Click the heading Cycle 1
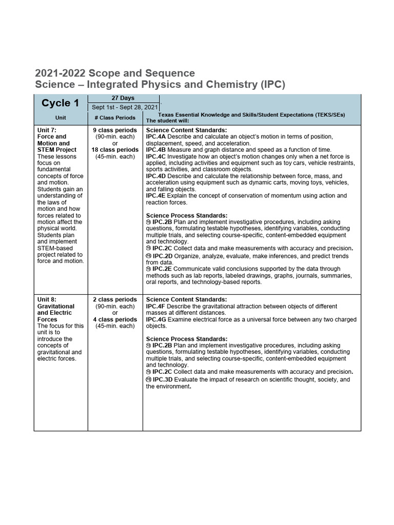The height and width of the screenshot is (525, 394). (x=60, y=103)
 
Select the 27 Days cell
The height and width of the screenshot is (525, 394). (x=123, y=97)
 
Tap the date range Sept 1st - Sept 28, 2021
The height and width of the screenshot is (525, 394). (x=123, y=107)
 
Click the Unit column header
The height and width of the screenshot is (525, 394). (x=61, y=117)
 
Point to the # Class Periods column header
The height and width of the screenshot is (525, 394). (x=115, y=117)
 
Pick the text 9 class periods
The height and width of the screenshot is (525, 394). (x=115, y=130)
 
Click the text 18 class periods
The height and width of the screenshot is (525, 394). (x=115, y=150)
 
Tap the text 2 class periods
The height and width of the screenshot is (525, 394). (x=115, y=299)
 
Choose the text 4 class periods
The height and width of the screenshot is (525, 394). (x=115, y=319)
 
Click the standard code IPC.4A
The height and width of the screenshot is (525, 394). (x=156, y=137)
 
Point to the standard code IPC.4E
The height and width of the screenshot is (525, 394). (x=156, y=196)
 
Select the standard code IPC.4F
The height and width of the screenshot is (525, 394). (x=156, y=306)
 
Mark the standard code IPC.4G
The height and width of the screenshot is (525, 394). (x=156, y=319)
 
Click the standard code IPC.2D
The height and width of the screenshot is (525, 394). (x=163, y=255)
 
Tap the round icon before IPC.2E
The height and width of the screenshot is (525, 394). (x=149, y=269)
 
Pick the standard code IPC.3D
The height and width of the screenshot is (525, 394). (x=163, y=379)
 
